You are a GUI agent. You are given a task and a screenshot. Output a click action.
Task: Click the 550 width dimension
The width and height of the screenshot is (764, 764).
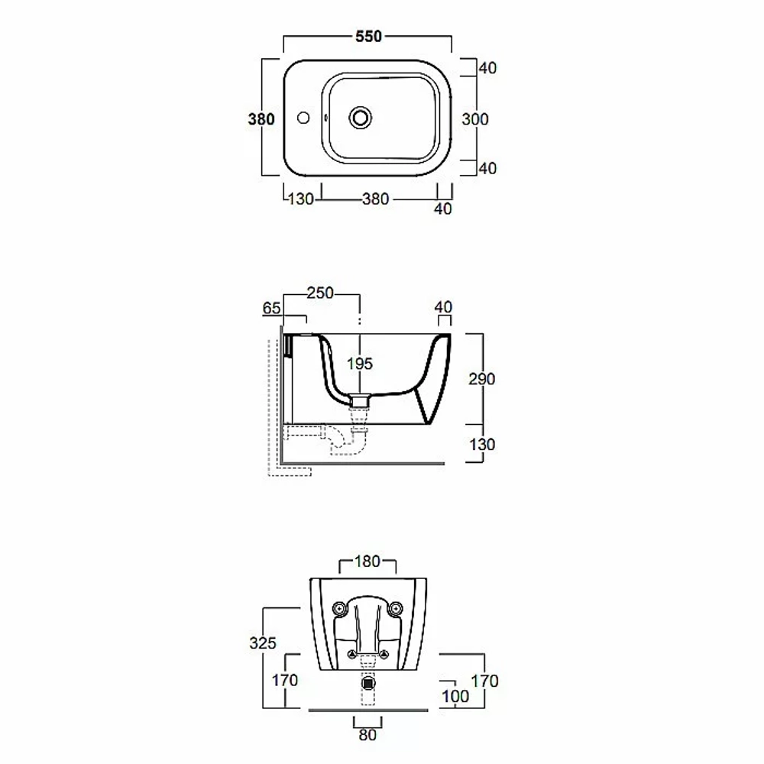[x=368, y=37]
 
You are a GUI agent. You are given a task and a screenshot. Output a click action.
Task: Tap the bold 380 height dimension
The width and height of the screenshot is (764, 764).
[x=261, y=119]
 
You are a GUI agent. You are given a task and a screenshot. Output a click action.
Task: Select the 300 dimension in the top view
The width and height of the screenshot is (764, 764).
[x=475, y=119]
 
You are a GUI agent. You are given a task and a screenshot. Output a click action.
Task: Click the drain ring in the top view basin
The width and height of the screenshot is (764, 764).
[x=360, y=118]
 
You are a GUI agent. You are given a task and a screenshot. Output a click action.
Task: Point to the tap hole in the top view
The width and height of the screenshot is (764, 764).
[x=303, y=118]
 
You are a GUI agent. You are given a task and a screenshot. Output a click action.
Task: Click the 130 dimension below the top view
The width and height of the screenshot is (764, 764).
[x=300, y=199]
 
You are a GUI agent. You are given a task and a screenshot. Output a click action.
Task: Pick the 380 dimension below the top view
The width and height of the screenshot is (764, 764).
[x=375, y=199]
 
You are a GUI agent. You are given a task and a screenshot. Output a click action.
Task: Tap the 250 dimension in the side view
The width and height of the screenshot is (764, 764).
[x=320, y=293]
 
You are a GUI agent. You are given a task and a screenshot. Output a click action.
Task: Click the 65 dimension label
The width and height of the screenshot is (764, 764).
[x=271, y=308]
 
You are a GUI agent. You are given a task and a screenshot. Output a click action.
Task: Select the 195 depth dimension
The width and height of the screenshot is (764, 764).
[x=360, y=364]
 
